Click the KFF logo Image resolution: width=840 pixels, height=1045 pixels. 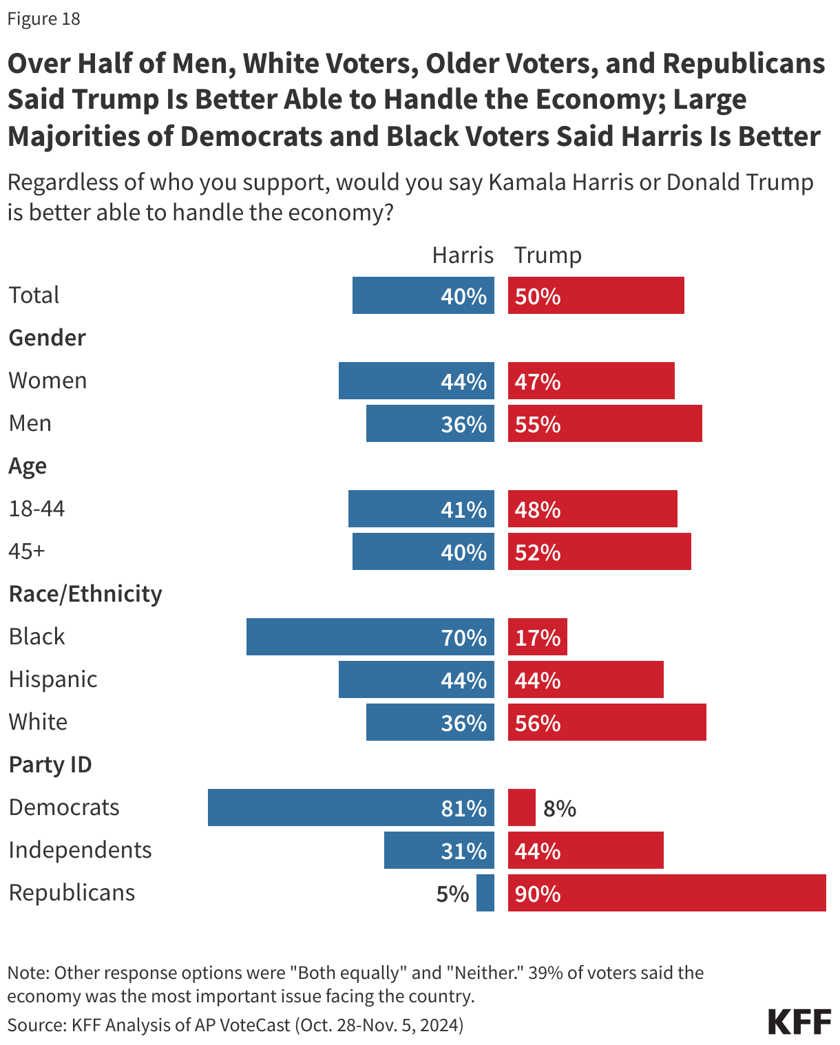(x=799, y=1022)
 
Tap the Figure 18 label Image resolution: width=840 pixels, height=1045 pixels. (x=44, y=19)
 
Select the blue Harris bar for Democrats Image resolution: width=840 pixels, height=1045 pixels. (x=350, y=807)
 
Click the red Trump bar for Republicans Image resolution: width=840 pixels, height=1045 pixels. (x=666, y=893)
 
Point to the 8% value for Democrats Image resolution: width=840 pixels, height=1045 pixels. (x=559, y=808)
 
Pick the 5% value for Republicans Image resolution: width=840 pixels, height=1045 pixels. (x=452, y=894)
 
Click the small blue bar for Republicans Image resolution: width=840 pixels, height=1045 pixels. (x=485, y=893)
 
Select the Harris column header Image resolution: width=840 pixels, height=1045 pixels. (x=463, y=255)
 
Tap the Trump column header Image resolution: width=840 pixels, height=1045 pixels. (x=548, y=255)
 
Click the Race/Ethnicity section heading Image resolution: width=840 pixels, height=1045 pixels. (x=85, y=593)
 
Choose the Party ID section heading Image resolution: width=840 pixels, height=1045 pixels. (x=50, y=764)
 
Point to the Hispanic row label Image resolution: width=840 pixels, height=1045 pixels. (x=53, y=679)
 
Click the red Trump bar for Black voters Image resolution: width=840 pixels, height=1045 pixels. (x=537, y=637)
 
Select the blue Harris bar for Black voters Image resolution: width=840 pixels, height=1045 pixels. (x=370, y=637)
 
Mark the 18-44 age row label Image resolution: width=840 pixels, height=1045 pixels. (x=37, y=509)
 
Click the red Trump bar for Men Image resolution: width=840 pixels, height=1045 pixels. (x=605, y=423)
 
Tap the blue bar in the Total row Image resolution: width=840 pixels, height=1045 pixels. (x=423, y=296)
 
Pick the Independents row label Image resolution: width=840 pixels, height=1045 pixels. (x=81, y=850)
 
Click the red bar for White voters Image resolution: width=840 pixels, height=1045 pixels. (x=607, y=722)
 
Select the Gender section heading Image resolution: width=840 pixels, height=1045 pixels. (x=48, y=337)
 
